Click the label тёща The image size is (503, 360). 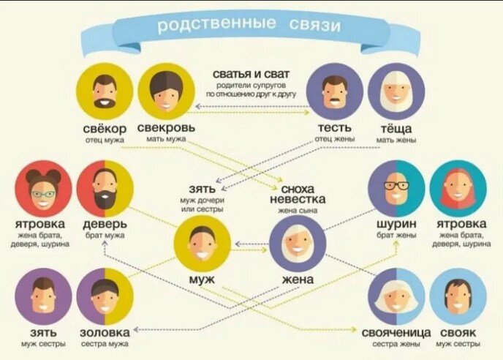(x=395, y=128)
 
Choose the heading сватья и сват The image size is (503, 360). (x=251, y=75)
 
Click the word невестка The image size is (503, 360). (x=297, y=200)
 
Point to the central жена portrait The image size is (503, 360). (x=297, y=244)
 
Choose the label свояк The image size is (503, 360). (x=456, y=331)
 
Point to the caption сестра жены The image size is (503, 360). (x=396, y=343)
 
